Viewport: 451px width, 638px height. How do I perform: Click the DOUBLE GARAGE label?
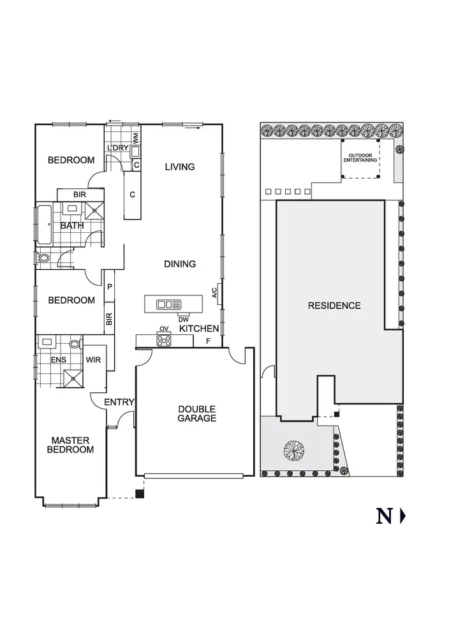[x=196, y=413]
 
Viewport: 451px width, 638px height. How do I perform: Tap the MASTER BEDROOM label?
[x=72, y=445]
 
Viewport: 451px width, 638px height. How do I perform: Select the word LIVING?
[x=179, y=167]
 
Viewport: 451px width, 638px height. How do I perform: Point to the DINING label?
[x=179, y=264]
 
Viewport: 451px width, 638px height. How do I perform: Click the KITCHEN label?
[x=199, y=329]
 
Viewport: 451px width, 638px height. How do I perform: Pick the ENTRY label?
[x=119, y=402]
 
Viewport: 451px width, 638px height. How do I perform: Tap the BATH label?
[x=72, y=225]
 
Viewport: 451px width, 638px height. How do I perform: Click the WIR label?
[x=94, y=360]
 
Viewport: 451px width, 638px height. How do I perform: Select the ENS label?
[x=58, y=360]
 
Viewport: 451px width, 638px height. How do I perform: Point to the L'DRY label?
[x=118, y=148]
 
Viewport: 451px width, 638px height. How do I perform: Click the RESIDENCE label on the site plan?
[x=334, y=306]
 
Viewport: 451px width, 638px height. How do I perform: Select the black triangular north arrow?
[x=403, y=516]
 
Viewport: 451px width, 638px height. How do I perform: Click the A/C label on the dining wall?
[x=214, y=293]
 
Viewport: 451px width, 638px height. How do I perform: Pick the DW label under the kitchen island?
[x=183, y=319]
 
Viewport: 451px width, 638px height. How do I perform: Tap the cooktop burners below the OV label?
[x=164, y=341]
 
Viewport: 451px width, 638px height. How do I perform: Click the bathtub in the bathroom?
[x=45, y=225]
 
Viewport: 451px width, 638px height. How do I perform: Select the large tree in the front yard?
[x=294, y=450]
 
